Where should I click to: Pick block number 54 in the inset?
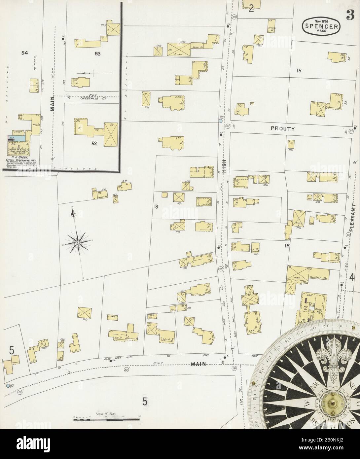click(24, 53)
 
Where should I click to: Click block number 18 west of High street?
click(156, 207)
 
